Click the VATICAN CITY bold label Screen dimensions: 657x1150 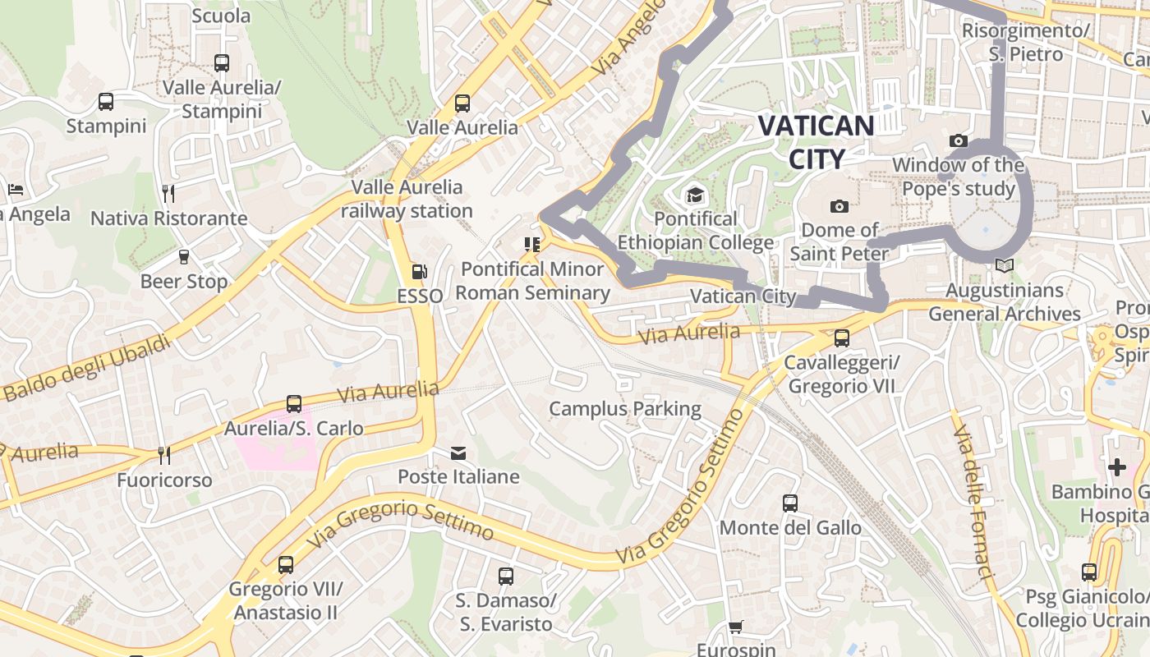point(816,142)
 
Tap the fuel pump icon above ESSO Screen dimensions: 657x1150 point(419,272)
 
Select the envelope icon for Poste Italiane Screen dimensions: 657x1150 point(458,453)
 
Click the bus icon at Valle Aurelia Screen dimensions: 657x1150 point(462,103)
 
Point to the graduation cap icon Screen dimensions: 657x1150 point(696,195)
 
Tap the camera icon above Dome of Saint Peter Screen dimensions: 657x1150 point(839,206)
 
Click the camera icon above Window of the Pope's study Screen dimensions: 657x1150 point(958,141)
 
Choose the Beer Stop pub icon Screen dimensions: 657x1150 point(184,257)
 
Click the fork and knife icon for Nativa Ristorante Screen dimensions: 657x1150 point(168,194)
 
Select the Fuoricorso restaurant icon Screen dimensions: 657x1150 point(164,455)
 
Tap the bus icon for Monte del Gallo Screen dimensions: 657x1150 point(790,503)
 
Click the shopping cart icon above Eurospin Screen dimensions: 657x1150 point(735,627)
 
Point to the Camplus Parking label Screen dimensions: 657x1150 point(625,409)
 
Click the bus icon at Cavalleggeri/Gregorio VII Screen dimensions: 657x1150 point(841,338)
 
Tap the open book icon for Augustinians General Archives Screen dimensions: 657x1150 point(1004,265)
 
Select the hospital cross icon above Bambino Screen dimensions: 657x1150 point(1117,467)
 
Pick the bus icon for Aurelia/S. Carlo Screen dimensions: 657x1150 point(294,404)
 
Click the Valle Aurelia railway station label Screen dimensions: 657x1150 point(407,199)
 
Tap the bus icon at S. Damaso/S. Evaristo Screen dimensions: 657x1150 point(506,577)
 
